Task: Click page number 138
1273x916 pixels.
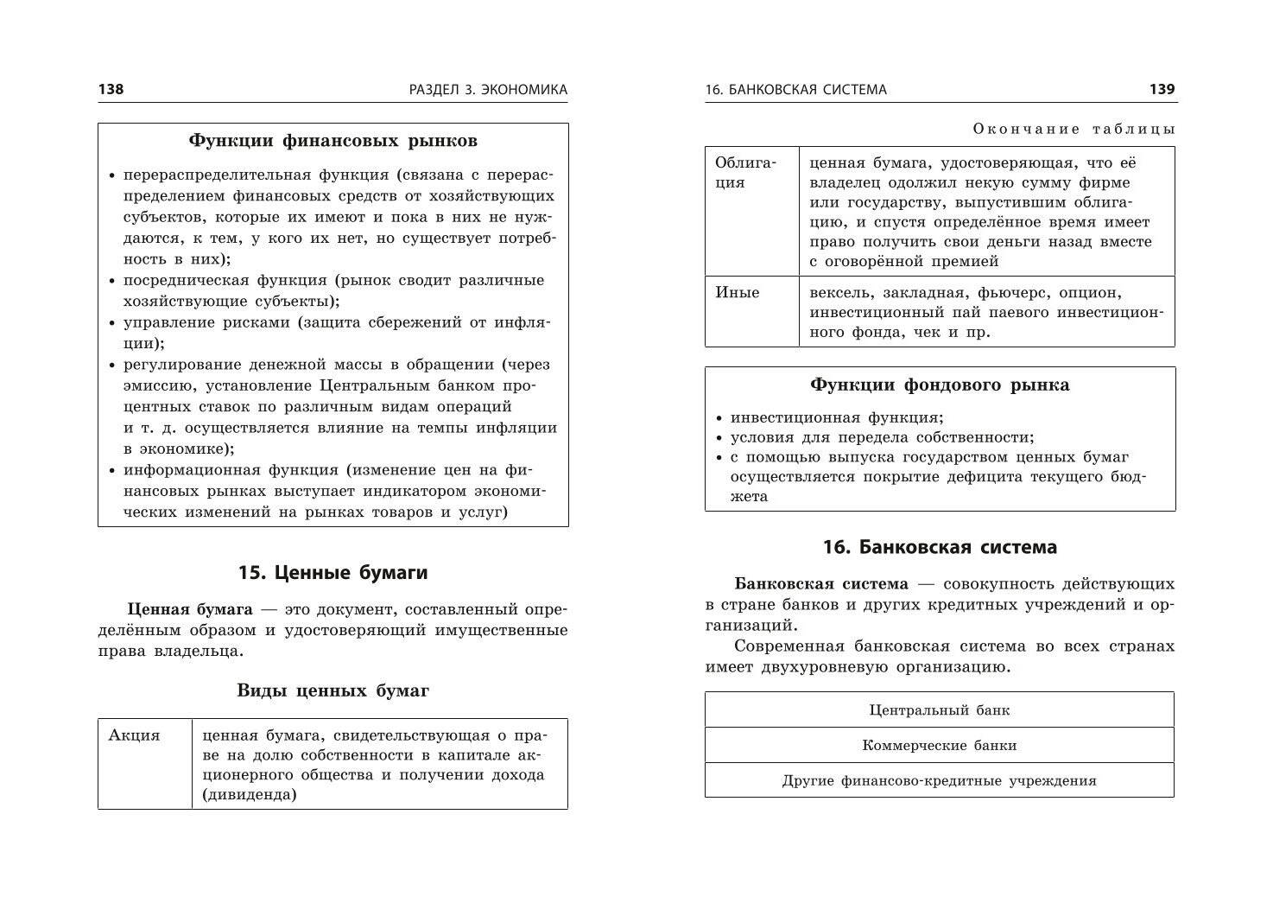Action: pos(111,89)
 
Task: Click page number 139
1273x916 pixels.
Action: pos(1162,89)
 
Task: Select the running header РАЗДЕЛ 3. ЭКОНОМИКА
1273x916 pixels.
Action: pos(489,89)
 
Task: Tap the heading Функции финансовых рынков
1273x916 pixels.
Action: pos(332,140)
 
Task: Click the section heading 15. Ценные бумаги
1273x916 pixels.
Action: pos(332,572)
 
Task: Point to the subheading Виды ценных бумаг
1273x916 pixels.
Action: pos(332,690)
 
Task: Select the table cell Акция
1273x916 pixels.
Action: pos(135,735)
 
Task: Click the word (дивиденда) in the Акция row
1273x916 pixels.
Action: pos(249,795)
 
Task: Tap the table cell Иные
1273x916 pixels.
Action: pos(738,292)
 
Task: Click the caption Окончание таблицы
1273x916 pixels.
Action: pos(1073,129)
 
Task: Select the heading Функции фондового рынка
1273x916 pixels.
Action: pos(940,385)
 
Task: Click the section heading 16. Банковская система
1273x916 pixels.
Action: pos(940,547)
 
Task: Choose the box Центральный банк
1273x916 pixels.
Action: pos(940,710)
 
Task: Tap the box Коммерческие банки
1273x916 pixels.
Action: pos(940,745)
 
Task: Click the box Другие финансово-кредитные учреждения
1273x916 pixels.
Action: pos(940,781)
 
